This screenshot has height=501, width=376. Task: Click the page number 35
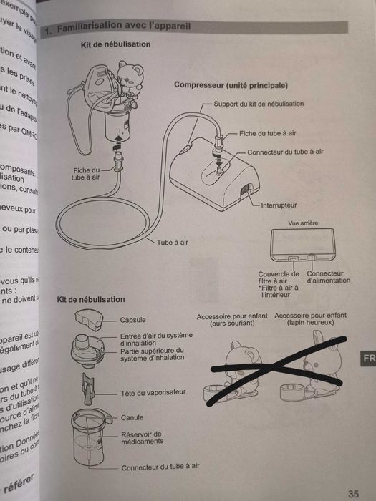(352, 493)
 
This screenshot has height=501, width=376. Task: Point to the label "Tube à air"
(174, 243)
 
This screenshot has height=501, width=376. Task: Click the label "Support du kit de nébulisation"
(259, 104)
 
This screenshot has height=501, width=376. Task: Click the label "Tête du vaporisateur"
(152, 393)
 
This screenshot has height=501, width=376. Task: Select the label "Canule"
(132, 417)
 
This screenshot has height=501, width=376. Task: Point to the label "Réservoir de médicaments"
(142, 437)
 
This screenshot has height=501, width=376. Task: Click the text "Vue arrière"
(302, 223)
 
